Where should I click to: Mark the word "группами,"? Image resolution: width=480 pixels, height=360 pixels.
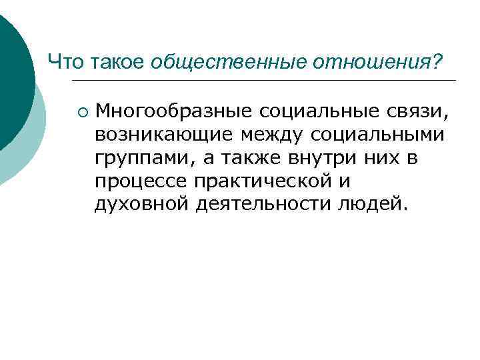(x=139, y=158)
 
